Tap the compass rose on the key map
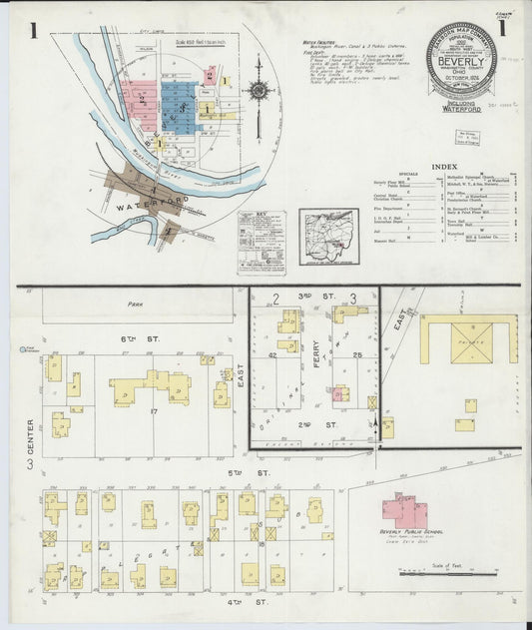(x=260, y=90)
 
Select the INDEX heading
(x=444, y=167)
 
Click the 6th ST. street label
(x=129, y=340)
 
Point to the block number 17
(x=154, y=410)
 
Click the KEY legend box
(x=261, y=244)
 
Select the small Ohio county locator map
(x=328, y=238)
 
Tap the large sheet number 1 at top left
(x=34, y=32)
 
